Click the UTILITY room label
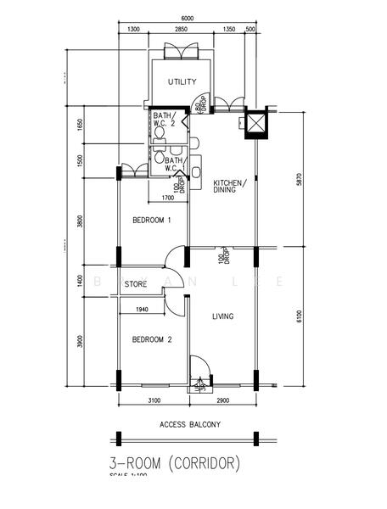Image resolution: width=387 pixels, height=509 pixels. (x=182, y=82)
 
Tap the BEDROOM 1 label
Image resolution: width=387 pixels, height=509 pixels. (x=152, y=221)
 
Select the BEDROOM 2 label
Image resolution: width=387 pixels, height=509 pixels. (x=152, y=339)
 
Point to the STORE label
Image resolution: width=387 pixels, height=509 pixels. (x=137, y=284)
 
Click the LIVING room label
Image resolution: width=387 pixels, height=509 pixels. (x=222, y=316)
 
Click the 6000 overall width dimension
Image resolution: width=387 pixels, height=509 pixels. (x=187, y=19)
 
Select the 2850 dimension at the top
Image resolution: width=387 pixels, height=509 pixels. (x=181, y=30)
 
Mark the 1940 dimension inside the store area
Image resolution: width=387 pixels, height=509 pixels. (x=142, y=310)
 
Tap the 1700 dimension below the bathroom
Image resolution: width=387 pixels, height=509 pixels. (x=167, y=199)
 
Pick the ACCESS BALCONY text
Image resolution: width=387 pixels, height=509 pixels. (x=189, y=423)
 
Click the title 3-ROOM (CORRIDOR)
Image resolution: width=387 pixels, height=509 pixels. (x=175, y=464)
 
